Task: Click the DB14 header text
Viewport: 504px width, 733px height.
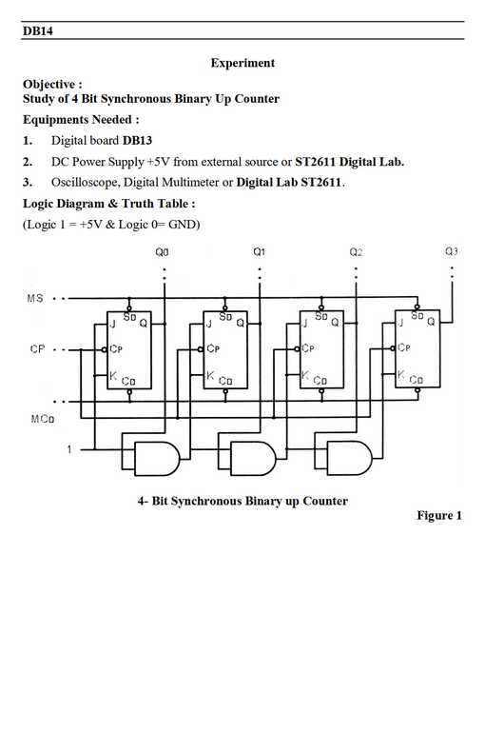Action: point(38,30)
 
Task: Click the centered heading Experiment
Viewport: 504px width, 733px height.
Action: point(242,63)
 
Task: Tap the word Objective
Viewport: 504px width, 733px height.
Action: point(49,84)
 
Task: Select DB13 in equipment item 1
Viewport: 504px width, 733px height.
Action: point(137,140)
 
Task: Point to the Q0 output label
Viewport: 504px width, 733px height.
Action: point(162,252)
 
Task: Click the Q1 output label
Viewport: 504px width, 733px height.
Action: point(260,252)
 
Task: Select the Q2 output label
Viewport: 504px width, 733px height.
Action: point(356,252)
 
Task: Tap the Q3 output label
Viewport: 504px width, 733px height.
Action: point(451,251)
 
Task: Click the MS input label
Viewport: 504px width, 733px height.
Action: point(35,298)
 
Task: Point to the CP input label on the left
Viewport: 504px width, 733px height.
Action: point(37,349)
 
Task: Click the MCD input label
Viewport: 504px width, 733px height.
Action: point(43,419)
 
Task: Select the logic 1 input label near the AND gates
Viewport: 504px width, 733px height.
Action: point(69,449)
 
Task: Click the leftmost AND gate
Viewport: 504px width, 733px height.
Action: point(157,458)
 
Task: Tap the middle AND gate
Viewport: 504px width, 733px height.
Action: point(253,458)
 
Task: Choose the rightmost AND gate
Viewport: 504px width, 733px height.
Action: point(349,458)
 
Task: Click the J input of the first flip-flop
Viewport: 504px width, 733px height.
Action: point(112,324)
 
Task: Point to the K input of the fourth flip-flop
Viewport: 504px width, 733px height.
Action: point(400,374)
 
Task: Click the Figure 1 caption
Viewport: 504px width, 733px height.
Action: point(439,515)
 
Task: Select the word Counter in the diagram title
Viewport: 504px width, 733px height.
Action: point(325,501)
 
